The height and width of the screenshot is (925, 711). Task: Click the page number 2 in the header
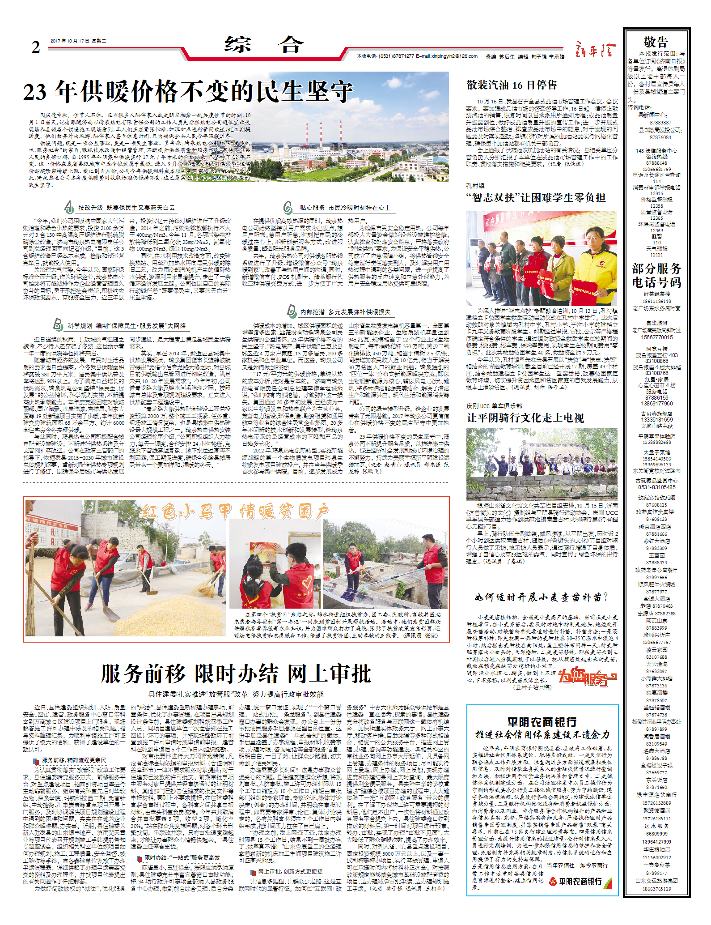tap(36, 47)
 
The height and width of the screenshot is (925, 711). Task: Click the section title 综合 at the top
tap(264, 45)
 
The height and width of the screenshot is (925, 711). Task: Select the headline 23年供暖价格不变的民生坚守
tap(188, 92)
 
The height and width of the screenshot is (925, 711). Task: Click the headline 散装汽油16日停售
tap(512, 85)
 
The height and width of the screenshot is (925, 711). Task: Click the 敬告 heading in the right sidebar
tap(656, 42)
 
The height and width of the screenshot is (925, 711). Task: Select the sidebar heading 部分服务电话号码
tap(656, 275)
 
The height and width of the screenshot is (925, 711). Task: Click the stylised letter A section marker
tap(68, 207)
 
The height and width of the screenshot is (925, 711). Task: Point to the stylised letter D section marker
tap(291, 311)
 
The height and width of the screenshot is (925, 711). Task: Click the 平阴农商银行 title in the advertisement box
tap(542, 722)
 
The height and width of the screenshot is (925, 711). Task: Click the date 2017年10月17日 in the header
tap(78, 41)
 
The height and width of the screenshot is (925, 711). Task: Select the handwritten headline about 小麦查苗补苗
tap(541, 597)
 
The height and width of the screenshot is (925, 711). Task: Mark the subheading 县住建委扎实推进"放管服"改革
tap(236, 694)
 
